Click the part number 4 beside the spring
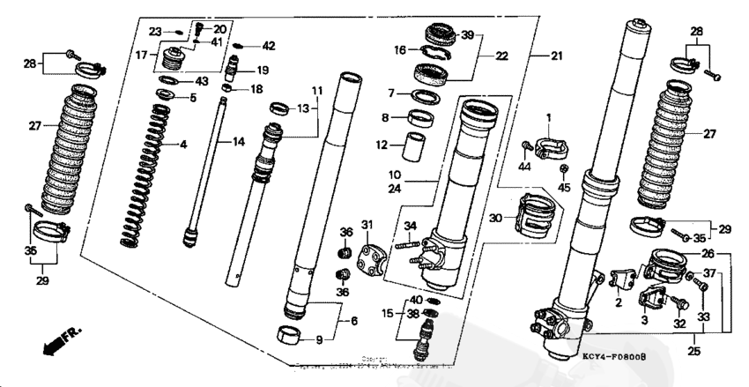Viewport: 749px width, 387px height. tap(183, 145)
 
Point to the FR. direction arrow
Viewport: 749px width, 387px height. tap(59, 339)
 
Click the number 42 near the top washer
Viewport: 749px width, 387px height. tap(268, 46)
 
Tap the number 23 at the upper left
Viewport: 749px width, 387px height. tap(155, 32)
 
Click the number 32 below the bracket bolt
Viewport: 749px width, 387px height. tap(679, 324)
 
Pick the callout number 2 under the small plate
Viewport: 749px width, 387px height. tap(619, 302)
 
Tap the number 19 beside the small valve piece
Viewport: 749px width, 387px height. tap(262, 71)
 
